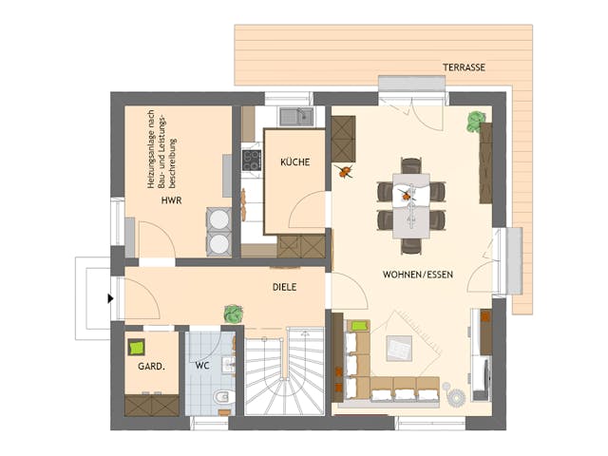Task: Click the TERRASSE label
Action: point(464,67)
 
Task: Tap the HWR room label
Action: point(171,201)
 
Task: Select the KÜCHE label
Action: point(294,162)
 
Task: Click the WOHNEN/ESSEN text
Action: point(418,275)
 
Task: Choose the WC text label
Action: point(201,365)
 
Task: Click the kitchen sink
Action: point(296,117)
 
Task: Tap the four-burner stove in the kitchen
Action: point(253,160)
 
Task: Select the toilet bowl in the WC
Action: point(221,397)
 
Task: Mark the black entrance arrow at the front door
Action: point(111,298)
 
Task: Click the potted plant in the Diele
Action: point(231,313)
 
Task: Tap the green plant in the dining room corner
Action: point(475,121)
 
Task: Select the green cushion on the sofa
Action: point(359,326)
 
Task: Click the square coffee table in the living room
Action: point(400,349)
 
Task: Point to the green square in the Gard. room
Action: point(137,347)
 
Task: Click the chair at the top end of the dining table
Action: point(410,166)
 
